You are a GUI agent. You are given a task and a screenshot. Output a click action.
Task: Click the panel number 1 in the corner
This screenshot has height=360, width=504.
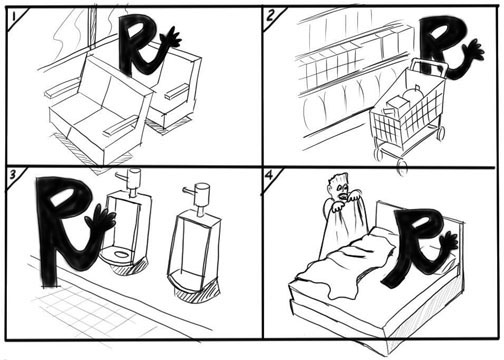13,17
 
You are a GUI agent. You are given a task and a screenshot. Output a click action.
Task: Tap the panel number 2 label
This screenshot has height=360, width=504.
270,15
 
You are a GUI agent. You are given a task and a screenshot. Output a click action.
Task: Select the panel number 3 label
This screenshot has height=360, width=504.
13,174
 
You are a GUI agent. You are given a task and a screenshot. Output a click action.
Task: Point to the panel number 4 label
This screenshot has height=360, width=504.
269,175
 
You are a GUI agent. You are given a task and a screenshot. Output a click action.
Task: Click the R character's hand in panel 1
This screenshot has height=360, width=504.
171,38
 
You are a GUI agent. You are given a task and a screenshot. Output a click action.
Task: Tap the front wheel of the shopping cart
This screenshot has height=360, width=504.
402,167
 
